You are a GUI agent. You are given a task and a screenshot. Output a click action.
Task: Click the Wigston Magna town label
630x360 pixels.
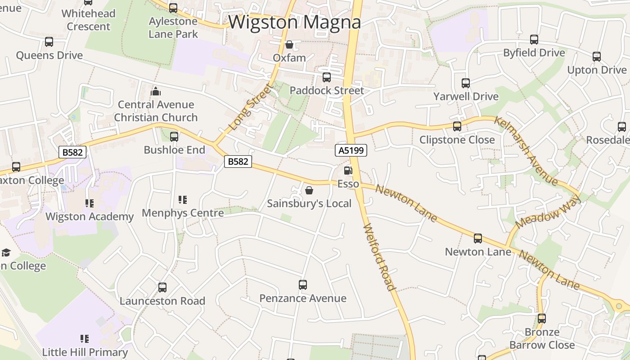tap(295, 22)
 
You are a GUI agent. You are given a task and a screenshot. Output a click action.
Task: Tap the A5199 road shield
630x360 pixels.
tap(351, 150)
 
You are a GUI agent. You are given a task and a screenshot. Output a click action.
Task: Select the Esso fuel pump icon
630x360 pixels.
tap(347, 171)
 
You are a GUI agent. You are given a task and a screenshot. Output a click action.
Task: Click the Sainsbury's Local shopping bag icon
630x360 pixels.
tap(309, 190)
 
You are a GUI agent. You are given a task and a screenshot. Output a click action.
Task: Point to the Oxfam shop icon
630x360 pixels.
tap(289, 45)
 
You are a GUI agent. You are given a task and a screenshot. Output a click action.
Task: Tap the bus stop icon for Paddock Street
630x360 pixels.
tap(327, 77)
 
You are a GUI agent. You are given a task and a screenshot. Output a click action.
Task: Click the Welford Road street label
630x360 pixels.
tap(379, 257)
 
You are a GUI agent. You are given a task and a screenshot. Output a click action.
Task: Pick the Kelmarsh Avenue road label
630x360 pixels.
tap(526, 151)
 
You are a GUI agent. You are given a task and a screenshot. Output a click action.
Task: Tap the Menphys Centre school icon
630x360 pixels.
tap(183, 200)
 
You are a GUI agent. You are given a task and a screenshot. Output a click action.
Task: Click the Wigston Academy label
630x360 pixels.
tap(90, 216)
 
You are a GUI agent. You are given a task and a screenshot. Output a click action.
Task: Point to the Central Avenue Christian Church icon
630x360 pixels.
tap(156, 92)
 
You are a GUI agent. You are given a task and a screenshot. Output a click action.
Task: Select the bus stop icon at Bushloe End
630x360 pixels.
tap(174, 136)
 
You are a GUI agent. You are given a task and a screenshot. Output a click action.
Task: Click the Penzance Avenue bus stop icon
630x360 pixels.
tap(303, 285)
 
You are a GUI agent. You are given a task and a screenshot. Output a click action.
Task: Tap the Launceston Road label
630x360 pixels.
tap(162, 301)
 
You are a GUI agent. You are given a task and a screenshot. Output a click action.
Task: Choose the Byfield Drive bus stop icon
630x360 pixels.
tap(534, 40)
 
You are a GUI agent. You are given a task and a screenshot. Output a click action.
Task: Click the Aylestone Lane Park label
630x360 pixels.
tap(173, 27)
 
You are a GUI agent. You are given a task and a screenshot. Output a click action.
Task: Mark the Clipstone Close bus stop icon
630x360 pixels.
tap(457, 126)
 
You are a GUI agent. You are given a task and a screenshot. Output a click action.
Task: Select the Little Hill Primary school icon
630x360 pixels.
tap(85, 338)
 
